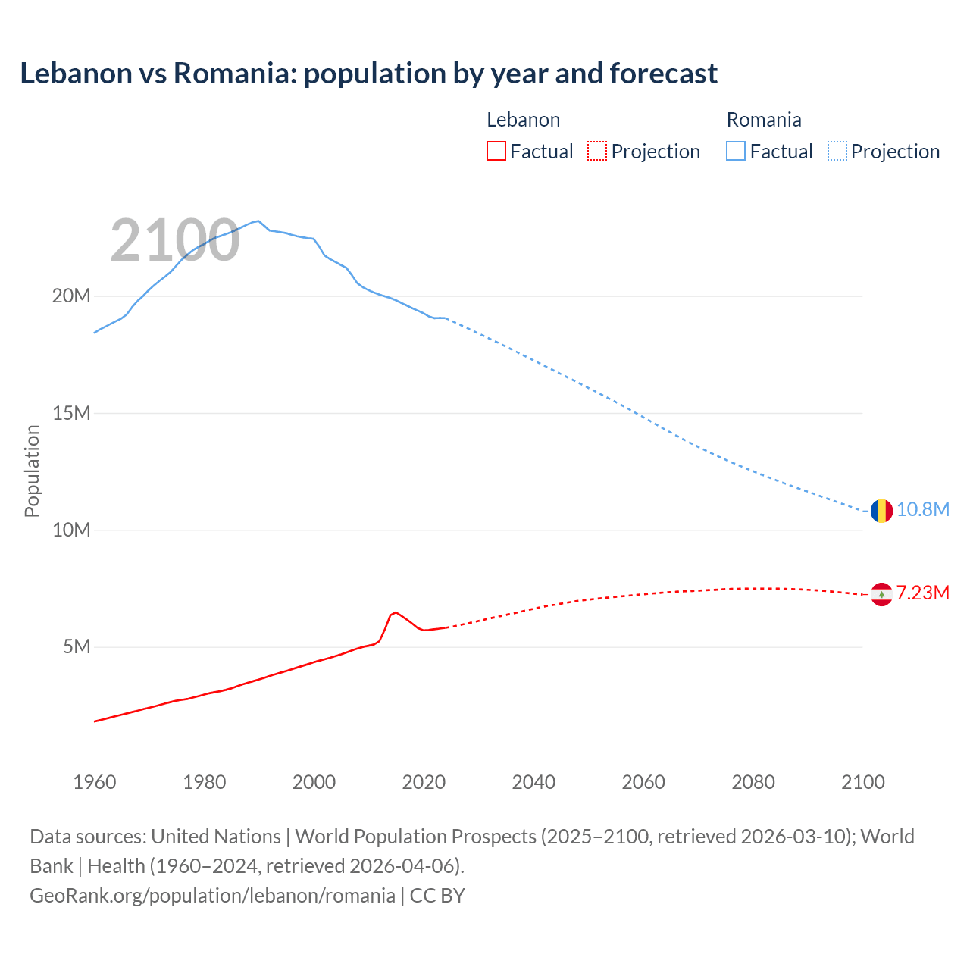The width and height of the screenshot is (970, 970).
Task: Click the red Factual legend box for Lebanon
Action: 496,151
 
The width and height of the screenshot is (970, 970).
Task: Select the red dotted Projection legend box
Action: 596,151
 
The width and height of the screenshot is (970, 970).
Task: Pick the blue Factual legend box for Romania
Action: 735,151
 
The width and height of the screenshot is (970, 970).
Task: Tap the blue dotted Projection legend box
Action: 837,151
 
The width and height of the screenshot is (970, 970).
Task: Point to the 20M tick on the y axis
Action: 71,296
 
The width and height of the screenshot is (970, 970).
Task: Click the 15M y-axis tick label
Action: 71,413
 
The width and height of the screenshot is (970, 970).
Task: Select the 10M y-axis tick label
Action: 71,530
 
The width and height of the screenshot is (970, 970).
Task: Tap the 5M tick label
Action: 77,646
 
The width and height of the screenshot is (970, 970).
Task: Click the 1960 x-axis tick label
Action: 95,782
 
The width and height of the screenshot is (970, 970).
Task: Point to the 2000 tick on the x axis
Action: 314,782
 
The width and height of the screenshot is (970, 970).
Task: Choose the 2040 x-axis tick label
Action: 533,782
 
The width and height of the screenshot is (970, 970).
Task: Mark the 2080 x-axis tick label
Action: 753,782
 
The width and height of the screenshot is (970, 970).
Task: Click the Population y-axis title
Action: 32,471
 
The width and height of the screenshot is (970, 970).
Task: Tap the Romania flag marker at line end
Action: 881,511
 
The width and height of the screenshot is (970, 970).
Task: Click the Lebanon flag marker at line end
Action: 881,595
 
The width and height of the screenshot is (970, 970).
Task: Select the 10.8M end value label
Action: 923,509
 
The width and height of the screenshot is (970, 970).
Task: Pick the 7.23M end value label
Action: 923,593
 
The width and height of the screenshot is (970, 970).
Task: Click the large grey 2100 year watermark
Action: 175,241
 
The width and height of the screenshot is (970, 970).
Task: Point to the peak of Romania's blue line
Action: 258,221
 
